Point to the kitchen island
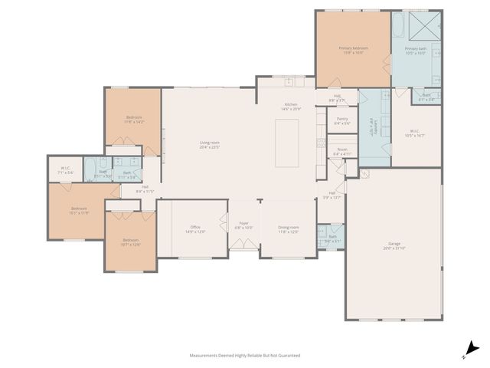coord(289,144)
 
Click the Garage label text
coord(394,245)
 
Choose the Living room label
coord(210,144)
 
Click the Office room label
coord(195,228)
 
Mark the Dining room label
coord(289,228)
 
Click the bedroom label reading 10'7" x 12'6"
coord(131,242)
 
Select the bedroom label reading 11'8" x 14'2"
coord(134,119)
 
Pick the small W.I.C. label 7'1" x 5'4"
coord(65,171)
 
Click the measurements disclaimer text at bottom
coord(244,356)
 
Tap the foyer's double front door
coord(243,247)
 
